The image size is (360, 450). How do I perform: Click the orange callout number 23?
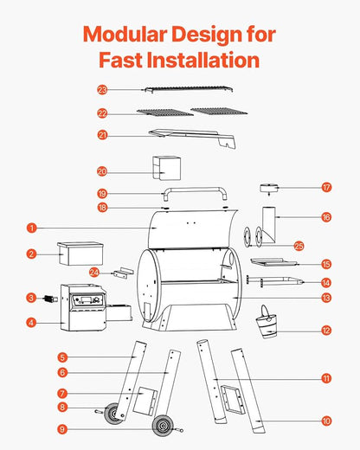pos(102,90)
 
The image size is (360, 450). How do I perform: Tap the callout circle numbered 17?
pos(326,188)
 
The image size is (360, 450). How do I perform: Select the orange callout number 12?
pos(326,331)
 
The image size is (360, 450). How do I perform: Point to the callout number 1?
pos(32,228)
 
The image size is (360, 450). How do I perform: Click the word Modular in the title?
pos(125,34)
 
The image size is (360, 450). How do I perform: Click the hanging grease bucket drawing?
pos(267,322)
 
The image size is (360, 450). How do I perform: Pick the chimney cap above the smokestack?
pos(269,188)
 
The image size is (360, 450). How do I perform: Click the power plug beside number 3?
pos(50,299)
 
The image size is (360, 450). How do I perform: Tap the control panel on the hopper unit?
pos(87,300)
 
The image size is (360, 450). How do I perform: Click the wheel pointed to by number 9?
pos(163,426)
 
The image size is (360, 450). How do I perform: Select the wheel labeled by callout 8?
pos(112,414)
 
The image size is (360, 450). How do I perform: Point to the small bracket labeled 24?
pos(123,273)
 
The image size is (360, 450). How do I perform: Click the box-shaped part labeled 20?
pos(166,168)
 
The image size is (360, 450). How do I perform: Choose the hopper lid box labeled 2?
pos(80,254)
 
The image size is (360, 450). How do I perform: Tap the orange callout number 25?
pos(299,246)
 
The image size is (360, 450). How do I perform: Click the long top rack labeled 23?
pos(189,90)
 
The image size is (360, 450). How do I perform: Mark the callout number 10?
pos(326,421)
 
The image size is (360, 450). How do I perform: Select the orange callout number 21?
pos(102,135)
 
